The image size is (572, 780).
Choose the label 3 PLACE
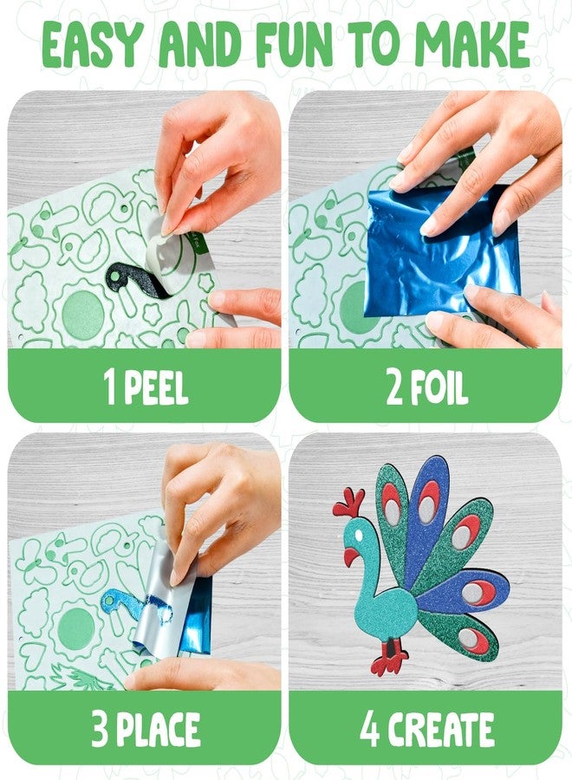tap(145, 731)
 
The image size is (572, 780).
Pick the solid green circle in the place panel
tap(75, 626)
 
